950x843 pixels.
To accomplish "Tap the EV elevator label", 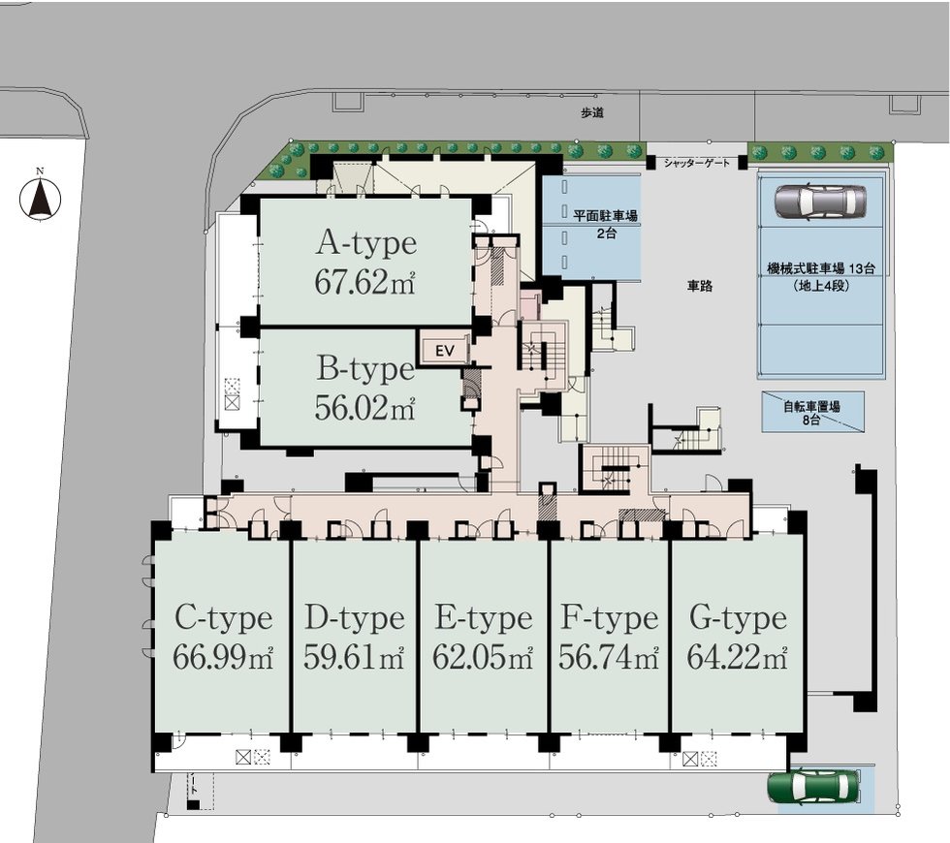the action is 445,351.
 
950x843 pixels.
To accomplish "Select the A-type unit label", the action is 366,243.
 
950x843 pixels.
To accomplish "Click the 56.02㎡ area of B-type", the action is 364,408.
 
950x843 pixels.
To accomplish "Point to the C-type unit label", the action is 224,619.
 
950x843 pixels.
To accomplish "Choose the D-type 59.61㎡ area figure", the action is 354,657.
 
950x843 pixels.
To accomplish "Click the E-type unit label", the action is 484,619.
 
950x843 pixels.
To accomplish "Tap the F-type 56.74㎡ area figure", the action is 609,657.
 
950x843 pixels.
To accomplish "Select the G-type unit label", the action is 738,619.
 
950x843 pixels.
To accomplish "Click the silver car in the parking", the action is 820,202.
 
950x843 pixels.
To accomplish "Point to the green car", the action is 813,787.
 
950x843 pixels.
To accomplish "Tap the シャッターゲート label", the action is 697,163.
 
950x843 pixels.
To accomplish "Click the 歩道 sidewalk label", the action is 592,112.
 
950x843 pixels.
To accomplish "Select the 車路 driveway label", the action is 700,286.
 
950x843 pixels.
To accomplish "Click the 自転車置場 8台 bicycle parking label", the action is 812,412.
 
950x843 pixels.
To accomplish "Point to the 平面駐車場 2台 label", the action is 605,223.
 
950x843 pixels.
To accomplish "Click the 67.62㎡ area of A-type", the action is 364,282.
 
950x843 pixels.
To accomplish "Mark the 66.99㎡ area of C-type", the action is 223,657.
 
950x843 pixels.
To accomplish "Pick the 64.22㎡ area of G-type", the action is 738,657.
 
